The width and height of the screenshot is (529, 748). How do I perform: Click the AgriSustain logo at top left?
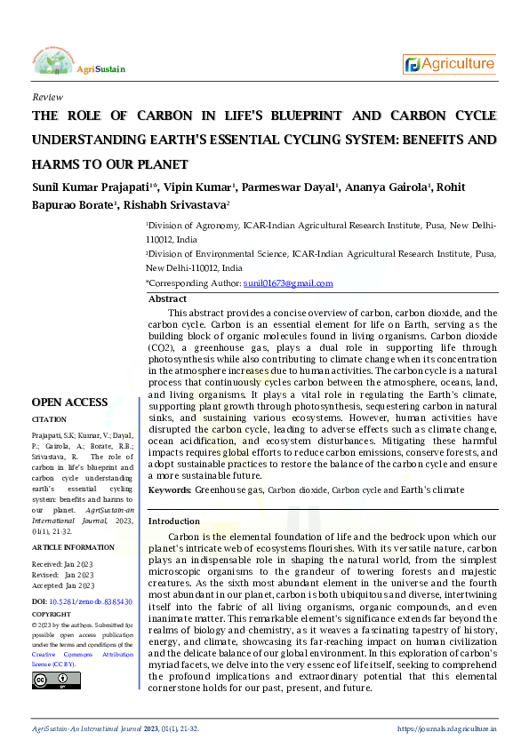pyautogui.click(x=78, y=63)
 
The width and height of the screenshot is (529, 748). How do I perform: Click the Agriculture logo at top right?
pyautogui.click(x=450, y=64)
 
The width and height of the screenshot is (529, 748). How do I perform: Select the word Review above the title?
pyautogui.click(x=46, y=96)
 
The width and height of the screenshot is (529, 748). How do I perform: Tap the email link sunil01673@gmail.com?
pyautogui.click(x=288, y=283)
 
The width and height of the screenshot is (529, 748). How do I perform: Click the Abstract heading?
pyautogui.click(x=167, y=299)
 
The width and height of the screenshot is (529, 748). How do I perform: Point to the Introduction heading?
pyautogui.click(x=174, y=521)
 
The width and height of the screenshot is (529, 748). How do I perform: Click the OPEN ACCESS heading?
pyautogui.click(x=70, y=402)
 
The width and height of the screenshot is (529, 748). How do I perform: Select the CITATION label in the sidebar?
pyautogui.click(x=49, y=419)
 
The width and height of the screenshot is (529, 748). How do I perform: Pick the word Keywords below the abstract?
pyautogui.click(x=169, y=490)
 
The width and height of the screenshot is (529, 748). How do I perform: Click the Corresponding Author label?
pyautogui.click(x=193, y=283)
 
